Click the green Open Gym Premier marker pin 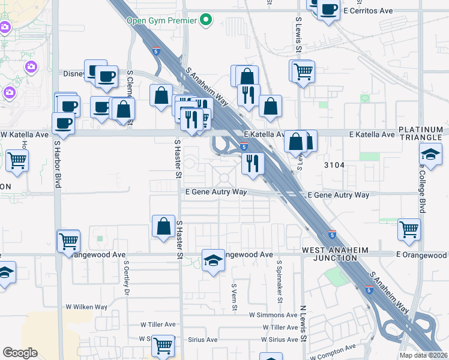206,20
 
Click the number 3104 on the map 333,164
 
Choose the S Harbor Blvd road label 58,164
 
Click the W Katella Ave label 24,134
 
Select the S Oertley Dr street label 127,277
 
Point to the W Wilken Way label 86,307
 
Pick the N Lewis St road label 304,324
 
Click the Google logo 20,353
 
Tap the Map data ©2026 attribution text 423,355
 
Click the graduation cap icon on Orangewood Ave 213,260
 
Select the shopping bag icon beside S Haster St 163,226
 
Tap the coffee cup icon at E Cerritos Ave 329,10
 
